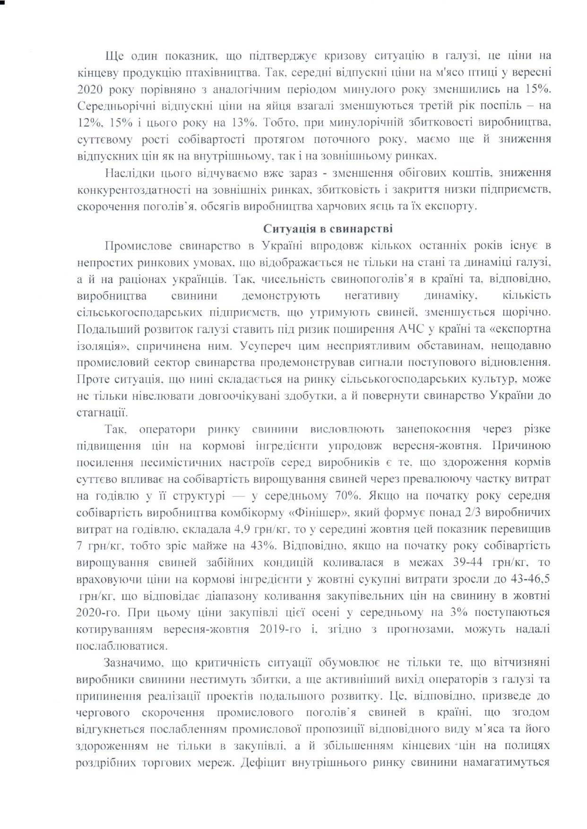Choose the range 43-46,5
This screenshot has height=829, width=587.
(x=525, y=579)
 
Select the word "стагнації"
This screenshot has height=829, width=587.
(x=101, y=412)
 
